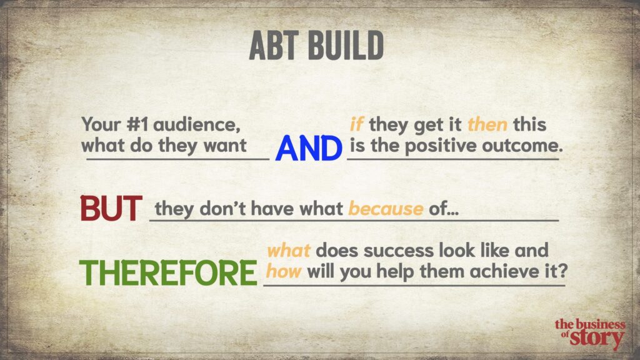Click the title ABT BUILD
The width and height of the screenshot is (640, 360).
point(316,45)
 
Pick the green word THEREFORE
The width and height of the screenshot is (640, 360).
point(167,272)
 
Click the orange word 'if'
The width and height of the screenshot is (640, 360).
point(357,124)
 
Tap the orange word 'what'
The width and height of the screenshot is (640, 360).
point(289,251)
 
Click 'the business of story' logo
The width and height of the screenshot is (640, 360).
point(590,334)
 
